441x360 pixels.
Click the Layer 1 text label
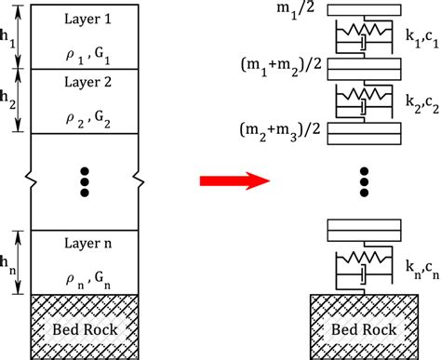(86, 20)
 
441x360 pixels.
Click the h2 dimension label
(9, 100)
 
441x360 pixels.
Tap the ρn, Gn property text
(86, 277)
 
